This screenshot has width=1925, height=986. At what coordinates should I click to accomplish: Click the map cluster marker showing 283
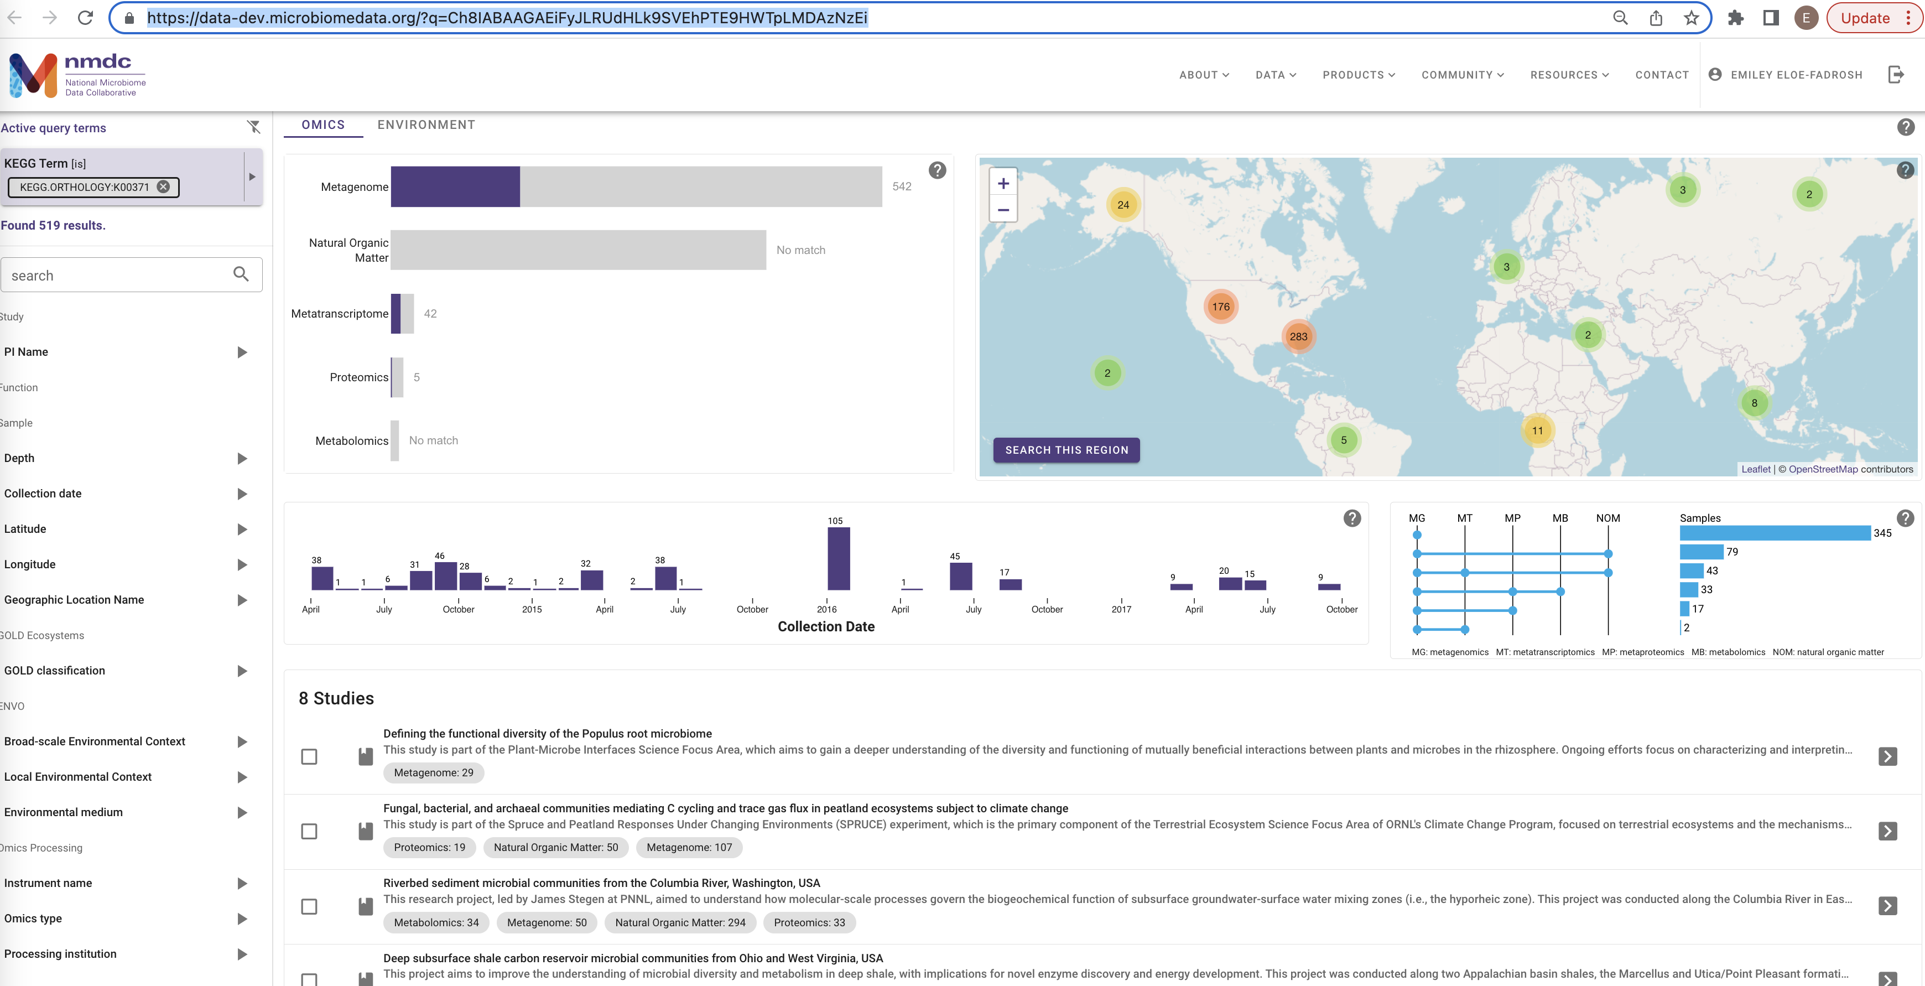tap(1298, 336)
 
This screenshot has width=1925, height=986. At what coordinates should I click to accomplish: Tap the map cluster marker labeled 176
tap(1220, 307)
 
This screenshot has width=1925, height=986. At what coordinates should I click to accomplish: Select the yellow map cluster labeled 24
tap(1122, 205)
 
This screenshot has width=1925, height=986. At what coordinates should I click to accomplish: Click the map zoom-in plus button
tap(1003, 184)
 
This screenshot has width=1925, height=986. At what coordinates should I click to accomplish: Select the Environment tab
tap(426, 125)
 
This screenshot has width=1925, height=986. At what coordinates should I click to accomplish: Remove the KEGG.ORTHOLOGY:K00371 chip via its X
tap(164, 187)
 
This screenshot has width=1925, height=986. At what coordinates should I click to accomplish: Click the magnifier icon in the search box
tap(241, 274)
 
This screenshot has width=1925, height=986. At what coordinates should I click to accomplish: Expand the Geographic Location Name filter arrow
tap(241, 600)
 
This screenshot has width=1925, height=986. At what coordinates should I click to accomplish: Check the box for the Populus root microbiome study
tap(309, 756)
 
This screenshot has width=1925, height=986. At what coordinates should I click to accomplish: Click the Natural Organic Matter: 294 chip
tap(679, 922)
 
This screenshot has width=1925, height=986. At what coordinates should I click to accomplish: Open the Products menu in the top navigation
tap(1358, 75)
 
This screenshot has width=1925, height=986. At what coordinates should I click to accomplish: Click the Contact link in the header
tap(1661, 75)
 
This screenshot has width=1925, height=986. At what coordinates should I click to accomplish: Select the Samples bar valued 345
tap(1774, 533)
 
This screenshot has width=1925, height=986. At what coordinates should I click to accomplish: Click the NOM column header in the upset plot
tap(1607, 518)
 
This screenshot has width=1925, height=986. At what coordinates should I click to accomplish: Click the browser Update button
tap(1865, 18)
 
